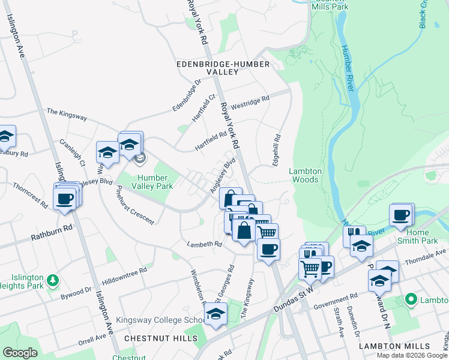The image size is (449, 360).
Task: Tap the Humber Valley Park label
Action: click(147, 182)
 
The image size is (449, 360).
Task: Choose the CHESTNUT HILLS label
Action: click(160, 338)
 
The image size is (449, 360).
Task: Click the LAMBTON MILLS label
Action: click(395, 346)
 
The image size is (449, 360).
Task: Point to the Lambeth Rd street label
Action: click(204, 244)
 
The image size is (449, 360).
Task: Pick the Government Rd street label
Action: click(337, 299)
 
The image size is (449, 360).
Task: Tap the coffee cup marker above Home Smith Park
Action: click(401, 215)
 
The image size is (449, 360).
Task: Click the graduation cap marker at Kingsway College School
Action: click(215, 313)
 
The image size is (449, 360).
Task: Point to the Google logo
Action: click(20, 353)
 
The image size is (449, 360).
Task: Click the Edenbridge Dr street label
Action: click(186, 95)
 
